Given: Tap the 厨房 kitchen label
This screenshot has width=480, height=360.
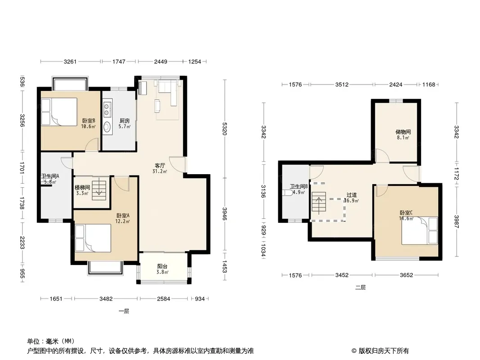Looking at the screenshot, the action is [125, 121].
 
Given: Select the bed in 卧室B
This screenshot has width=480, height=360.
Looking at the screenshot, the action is [59, 112].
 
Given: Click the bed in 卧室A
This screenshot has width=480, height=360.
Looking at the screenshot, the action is [93, 238].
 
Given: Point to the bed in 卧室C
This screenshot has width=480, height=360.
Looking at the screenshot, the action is [420, 230].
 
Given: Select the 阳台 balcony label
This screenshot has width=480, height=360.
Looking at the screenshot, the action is [162, 266].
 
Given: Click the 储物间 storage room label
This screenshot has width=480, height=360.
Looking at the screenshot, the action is [403, 132].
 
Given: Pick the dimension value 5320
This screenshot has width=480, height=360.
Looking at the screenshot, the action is [225, 129].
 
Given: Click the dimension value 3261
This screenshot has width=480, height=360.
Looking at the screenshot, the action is [70, 62].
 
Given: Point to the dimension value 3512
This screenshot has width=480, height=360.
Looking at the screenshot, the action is [342, 85].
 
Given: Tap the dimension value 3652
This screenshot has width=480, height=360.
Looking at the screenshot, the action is [407, 275].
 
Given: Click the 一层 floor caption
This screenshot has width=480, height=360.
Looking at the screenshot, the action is [124, 311].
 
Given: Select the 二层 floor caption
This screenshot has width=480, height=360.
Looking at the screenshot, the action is [360, 288].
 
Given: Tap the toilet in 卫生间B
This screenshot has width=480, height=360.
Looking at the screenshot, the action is [287, 193].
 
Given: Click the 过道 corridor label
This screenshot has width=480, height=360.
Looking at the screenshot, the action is [351, 195].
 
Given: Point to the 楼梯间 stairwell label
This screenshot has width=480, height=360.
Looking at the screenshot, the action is [82, 188].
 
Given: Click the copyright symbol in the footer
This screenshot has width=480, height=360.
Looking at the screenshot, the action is [354, 351].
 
